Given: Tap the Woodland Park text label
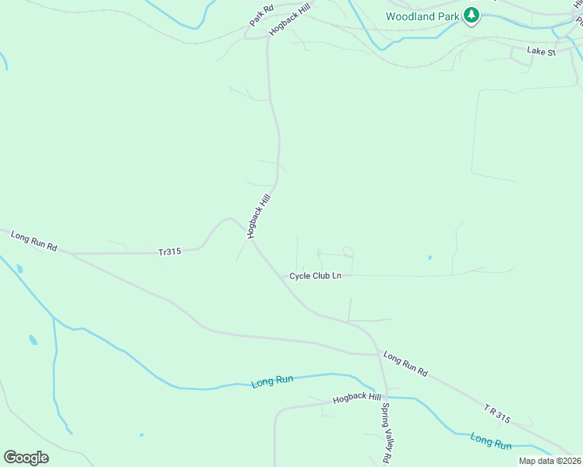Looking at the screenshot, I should click(x=422, y=16).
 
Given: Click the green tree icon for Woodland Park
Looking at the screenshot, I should click(x=471, y=15).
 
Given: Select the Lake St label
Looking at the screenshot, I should click(x=540, y=51).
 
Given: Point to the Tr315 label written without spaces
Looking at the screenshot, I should click(x=169, y=251).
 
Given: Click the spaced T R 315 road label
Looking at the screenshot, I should click(x=496, y=413).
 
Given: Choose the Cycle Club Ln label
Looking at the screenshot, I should click(x=315, y=276).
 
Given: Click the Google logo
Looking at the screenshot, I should click(x=26, y=457).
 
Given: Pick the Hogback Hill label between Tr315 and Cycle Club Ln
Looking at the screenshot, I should click(x=258, y=216).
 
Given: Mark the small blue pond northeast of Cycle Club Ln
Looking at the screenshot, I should click(x=429, y=258).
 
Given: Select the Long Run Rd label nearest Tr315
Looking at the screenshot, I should click(x=34, y=241).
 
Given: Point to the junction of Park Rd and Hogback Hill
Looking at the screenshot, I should click(x=267, y=35).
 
